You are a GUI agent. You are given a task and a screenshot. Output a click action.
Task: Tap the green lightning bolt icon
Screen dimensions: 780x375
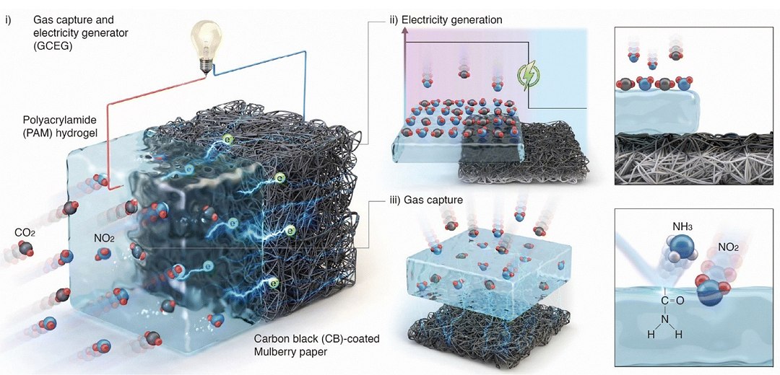(x=528, y=77)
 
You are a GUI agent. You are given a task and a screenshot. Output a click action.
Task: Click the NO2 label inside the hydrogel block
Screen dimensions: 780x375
(x=105, y=239)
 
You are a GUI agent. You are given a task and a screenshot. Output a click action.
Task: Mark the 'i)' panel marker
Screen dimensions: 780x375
(x=8, y=20)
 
